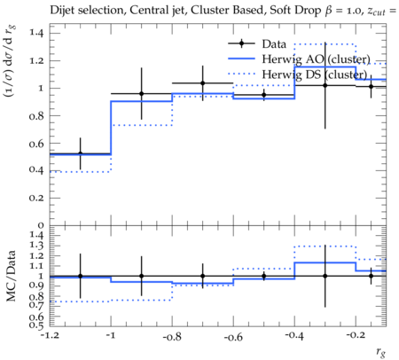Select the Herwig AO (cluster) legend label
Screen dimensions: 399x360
pyautogui.click(x=316, y=59)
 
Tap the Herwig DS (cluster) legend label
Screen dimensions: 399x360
pyautogui.click(x=315, y=74)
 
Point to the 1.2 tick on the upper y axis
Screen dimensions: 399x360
pyautogui.click(x=36, y=60)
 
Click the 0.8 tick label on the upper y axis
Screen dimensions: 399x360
pyautogui.click(x=36, y=116)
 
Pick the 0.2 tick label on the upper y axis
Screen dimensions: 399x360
pyautogui.click(x=36, y=198)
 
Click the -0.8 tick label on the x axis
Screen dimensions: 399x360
pyautogui.click(x=172, y=336)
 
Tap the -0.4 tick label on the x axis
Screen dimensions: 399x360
pyautogui.click(x=294, y=336)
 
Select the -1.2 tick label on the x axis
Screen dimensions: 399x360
pyautogui.click(x=50, y=336)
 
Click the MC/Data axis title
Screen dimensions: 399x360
pyautogui.click(x=11, y=276)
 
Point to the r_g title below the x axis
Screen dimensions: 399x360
pyautogui.click(x=381, y=352)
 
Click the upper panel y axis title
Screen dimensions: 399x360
pyautogui.click(x=10, y=61)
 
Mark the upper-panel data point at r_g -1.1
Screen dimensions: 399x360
pyautogui.click(x=80, y=153)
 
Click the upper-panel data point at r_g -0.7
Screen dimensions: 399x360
pyautogui.click(x=202, y=83)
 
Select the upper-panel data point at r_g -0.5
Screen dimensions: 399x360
pyautogui.click(x=264, y=95)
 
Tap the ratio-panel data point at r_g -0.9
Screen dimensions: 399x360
pyautogui.click(x=141, y=276)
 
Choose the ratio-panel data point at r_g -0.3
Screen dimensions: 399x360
pyautogui.click(x=325, y=276)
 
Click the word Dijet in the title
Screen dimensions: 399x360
pyautogui.click(x=62, y=11)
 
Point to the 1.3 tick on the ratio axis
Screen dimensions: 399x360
pyautogui.click(x=36, y=246)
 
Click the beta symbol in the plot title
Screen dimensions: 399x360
pyautogui.click(x=328, y=12)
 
